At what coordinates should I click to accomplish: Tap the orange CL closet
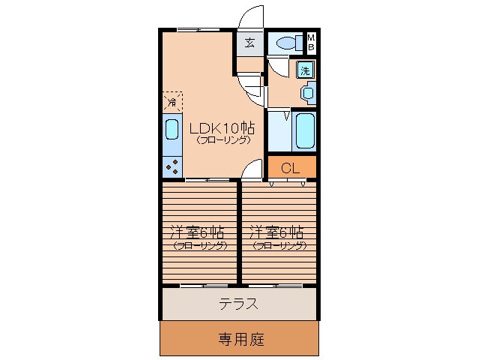click(291, 168)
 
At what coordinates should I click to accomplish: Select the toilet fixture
click(285, 43)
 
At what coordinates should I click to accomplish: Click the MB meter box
click(312, 43)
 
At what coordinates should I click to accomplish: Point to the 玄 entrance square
click(249, 43)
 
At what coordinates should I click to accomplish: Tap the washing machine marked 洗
click(305, 70)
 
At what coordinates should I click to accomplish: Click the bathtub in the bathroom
click(304, 131)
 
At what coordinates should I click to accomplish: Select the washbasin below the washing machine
click(307, 93)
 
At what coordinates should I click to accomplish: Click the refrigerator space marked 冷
click(172, 101)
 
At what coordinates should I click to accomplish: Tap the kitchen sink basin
click(172, 130)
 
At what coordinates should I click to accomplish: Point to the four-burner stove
click(172, 166)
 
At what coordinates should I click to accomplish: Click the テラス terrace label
click(238, 304)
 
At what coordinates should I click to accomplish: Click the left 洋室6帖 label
click(196, 232)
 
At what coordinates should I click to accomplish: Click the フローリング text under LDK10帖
click(223, 139)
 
